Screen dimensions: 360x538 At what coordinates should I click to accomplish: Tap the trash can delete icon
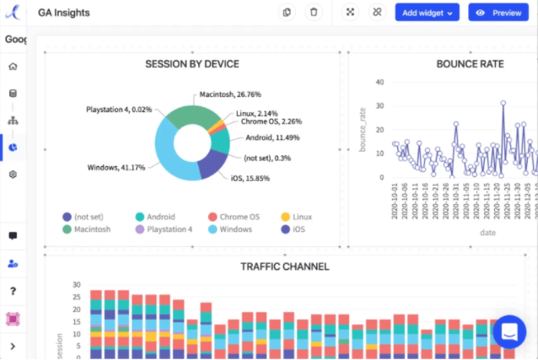point(314,13)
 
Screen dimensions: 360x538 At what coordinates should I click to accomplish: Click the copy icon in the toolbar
point(288,13)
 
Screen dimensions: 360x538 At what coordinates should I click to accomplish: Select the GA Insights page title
point(64,13)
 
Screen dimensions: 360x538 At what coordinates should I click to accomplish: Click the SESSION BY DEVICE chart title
point(192,64)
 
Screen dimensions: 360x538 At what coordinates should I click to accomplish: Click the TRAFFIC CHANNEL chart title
point(285,266)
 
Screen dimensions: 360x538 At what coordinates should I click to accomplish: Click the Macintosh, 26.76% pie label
point(230,94)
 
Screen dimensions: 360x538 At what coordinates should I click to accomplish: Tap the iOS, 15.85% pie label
point(252,178)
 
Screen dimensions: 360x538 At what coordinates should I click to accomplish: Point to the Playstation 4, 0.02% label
point(119,109)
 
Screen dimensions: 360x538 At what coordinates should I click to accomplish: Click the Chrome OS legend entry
point(235,217)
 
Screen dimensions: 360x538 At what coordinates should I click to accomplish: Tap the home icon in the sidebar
point(13,66)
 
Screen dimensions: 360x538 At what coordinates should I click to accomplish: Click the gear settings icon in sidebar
point(13,174)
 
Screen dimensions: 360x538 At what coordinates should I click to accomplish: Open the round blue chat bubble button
point(509,331)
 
